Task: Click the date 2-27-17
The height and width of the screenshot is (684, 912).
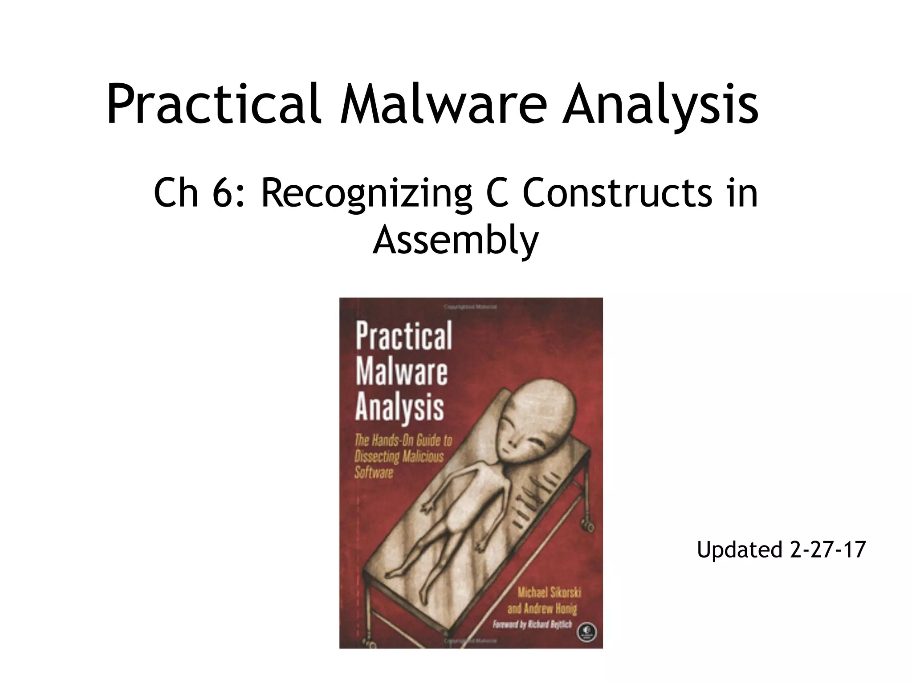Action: tap(828, 549)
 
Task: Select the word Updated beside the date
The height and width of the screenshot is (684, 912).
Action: tap(740, 550)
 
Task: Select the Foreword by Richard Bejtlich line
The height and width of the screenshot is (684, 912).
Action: tap(532, 624)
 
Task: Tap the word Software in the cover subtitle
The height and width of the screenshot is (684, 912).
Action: tap(374, 472)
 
